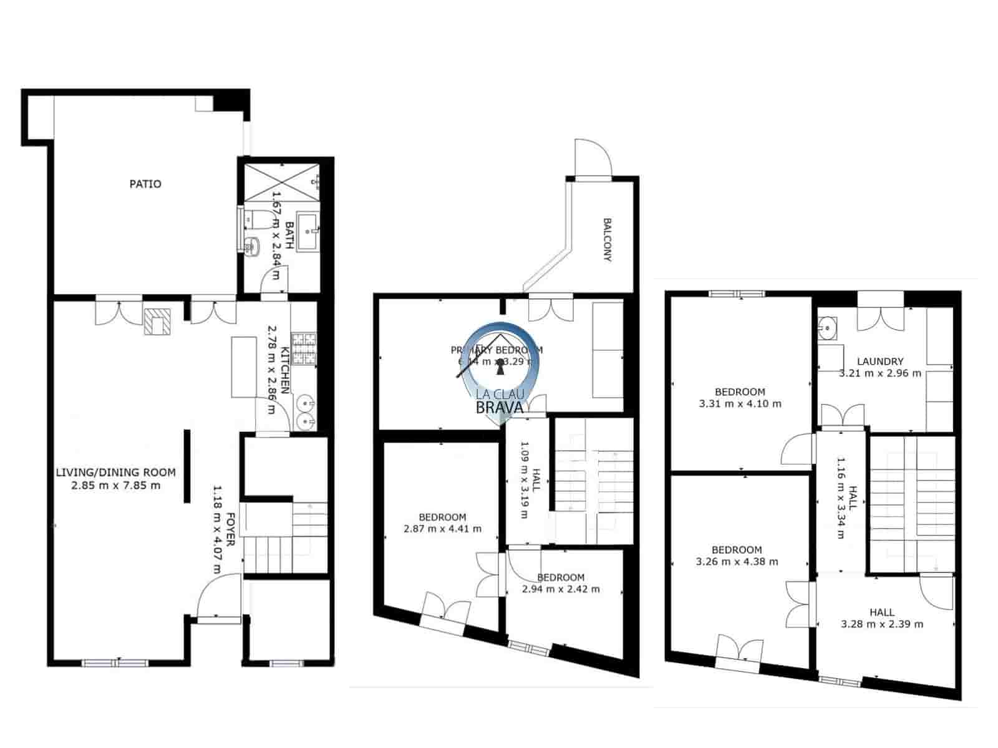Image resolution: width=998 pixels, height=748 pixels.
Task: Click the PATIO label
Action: pos(145,184)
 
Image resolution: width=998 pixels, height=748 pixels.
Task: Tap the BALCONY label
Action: pos(607,239)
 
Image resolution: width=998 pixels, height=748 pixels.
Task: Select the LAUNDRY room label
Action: pos(880,362)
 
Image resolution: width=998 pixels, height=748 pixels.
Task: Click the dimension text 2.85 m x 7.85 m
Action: pos(115,485)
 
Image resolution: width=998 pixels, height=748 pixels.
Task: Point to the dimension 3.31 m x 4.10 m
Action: pos(740,404)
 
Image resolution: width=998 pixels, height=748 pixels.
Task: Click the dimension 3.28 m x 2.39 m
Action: pos(882,624)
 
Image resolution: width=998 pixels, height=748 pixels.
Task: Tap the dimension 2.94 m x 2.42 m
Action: pos(561,589)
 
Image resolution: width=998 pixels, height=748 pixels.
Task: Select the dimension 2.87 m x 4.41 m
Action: pos(442,529)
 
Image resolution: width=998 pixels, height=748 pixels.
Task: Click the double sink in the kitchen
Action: pos(306,412)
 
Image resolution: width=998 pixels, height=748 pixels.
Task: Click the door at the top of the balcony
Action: pos(593,159)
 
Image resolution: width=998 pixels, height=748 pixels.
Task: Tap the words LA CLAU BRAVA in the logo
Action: pos(499,401)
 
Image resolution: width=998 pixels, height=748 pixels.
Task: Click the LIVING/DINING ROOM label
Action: pos(115,472)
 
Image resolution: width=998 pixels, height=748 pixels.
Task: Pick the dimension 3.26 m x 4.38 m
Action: pos(737,562)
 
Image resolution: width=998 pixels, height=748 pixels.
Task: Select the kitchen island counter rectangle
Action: pos(244,367)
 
